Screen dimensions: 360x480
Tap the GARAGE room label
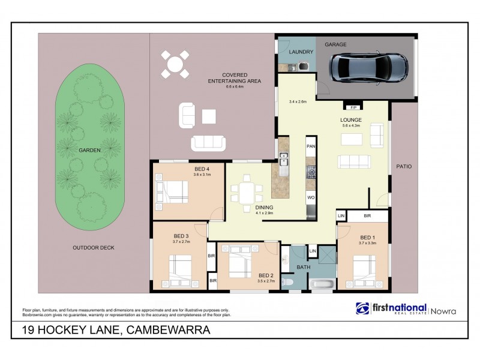335,44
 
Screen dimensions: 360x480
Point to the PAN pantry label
311,146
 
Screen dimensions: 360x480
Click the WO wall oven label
311,196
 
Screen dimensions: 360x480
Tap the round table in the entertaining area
175,64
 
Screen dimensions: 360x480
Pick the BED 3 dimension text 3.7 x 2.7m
181,242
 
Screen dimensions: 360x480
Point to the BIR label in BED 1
367,216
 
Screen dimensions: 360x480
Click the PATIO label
403,166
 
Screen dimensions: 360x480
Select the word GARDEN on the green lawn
88,150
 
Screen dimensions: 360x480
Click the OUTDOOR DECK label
93,247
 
